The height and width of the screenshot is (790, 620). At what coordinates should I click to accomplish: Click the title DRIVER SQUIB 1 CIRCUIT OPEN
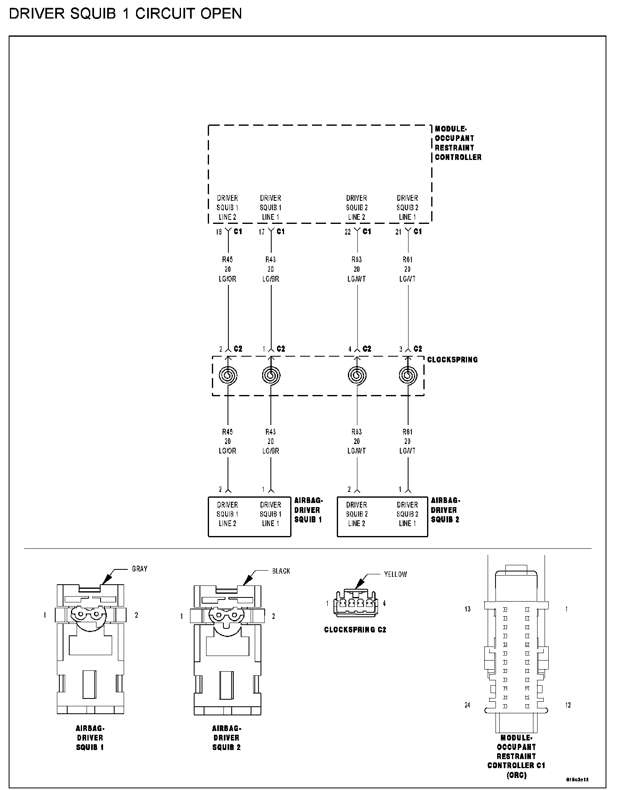click(x=125, y=14)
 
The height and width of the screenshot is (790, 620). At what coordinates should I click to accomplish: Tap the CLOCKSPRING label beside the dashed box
click(x=452, y=360)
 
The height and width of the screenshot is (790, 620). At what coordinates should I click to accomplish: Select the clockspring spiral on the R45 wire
click(x=228, y=375)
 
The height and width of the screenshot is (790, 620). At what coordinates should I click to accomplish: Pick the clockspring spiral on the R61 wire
click(x=408, y=375)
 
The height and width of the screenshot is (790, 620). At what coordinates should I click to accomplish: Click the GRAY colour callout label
click(x=139, y=569)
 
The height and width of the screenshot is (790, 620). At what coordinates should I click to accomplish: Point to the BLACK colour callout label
click(x=281, y=571)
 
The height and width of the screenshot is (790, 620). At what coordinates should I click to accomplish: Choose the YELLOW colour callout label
click(x=395, y=574)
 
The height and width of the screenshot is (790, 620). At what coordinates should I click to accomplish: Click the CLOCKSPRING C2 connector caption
click(x=355, y=630)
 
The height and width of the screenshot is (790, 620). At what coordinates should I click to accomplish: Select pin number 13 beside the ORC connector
click(x=467, y=609)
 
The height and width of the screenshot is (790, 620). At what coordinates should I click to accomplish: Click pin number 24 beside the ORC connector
click(x=467, y=705)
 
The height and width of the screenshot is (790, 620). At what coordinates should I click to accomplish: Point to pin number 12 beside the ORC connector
click(x=568, y=705)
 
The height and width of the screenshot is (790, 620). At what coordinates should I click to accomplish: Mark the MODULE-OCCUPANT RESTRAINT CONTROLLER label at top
click(x=458, y=143)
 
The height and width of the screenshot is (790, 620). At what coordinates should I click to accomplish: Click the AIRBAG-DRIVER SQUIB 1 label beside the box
click(x=308, y=510)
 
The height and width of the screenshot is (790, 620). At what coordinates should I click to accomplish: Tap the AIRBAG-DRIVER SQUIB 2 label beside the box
click(x=445, y=510)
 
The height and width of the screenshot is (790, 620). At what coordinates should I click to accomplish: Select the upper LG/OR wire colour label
click(x=228, y=279)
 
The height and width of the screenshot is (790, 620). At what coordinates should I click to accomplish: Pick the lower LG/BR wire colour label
click(x=270, y=451)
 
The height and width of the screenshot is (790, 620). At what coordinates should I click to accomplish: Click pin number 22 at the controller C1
click(x=348, y=232)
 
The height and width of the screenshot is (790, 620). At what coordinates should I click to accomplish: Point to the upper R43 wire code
click(x=270, y=260)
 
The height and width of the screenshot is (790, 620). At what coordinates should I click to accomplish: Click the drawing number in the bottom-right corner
click(x=577, y=780)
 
